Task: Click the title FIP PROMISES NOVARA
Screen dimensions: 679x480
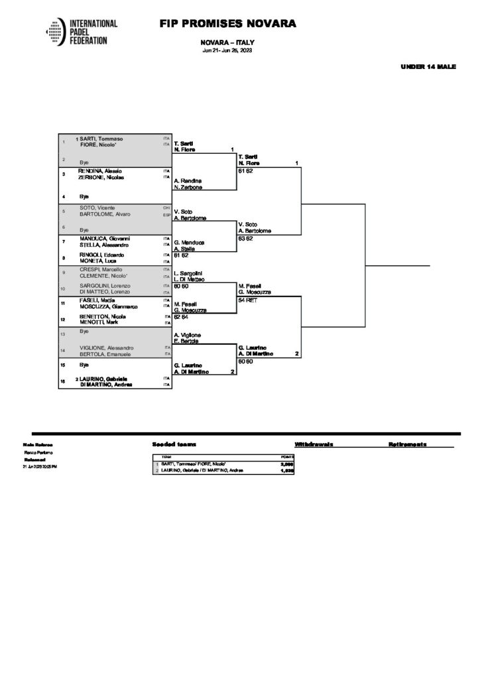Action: click(227, 25)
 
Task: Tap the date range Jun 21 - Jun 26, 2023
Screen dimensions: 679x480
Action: click(227, 51)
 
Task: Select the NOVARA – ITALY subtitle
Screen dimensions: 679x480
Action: click(227, 42)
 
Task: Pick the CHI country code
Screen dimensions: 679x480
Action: click(166, 208)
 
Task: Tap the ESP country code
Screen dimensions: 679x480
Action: click(166, 214)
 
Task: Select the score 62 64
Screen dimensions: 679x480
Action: click(182, 316)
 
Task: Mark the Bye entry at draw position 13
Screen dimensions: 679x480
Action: click(84, 331)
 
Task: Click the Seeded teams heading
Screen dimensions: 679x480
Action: click(174, 444)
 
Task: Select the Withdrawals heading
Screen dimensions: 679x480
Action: click(313, 444)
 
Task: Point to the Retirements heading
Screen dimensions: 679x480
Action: click(407, 444)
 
